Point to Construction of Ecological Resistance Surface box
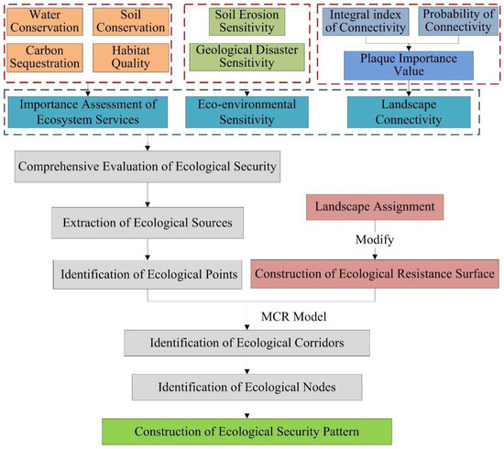(376, 273)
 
